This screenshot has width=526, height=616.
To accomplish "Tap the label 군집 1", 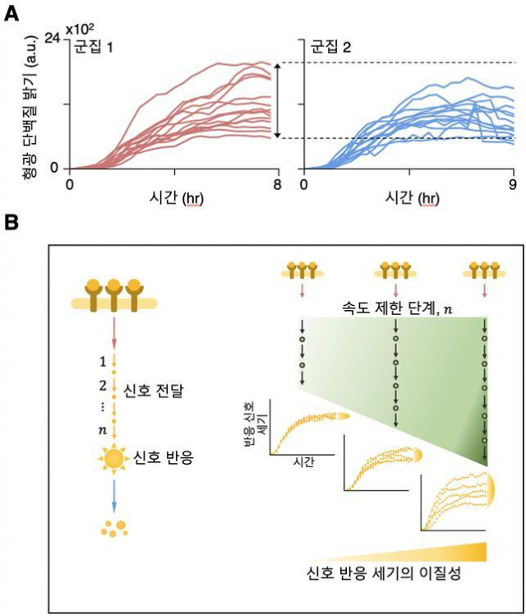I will (95, 47).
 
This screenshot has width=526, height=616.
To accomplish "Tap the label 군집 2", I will (331, 47).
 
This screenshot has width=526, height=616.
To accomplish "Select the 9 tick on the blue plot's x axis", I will (513, 183).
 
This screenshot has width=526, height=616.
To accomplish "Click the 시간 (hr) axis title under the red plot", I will (173, 200).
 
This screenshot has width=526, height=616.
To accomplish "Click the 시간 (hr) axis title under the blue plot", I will (408, 200).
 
